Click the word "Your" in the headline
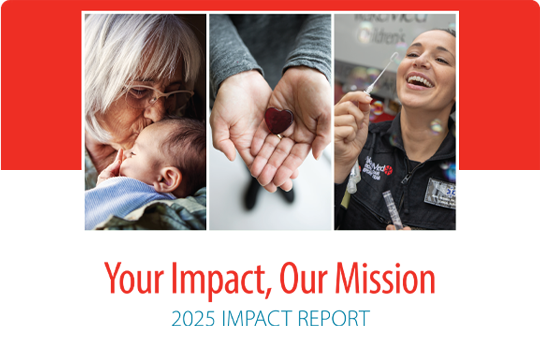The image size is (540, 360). coord(136,278)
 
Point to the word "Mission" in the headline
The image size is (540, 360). coord(386,278)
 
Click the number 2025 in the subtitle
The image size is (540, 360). coord(192,320)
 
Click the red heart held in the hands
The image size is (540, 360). coord(276,121)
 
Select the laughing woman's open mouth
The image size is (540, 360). coord(419,78)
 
